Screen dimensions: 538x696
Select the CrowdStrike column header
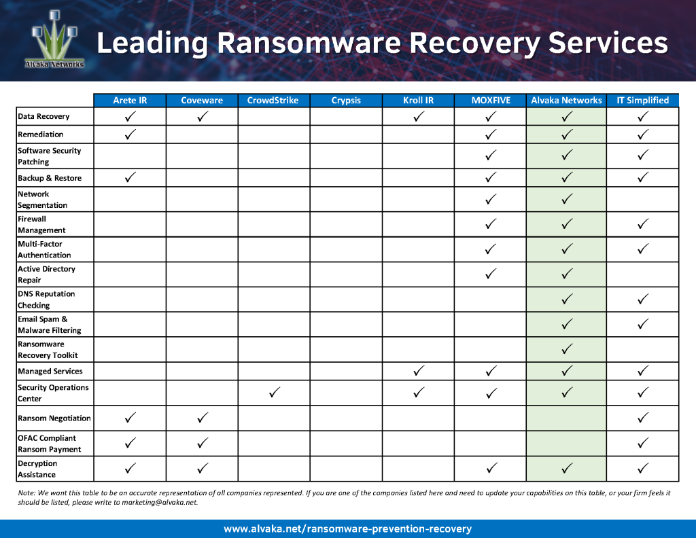point(273,101)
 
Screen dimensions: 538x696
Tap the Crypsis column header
point(346,101)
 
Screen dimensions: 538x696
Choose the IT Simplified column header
point(642,101)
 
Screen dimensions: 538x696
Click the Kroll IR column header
point(418,101)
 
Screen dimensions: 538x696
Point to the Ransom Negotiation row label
point(54,418)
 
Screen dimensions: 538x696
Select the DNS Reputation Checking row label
point(46,300)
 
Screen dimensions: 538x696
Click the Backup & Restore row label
point(50,178)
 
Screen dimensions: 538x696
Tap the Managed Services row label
point(50,372)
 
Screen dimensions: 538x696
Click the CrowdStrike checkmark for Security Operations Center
point(274,393)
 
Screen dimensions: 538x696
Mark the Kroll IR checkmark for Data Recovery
point(419,116)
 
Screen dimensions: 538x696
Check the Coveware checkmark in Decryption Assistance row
point(202,467)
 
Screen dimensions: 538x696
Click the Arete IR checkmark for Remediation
point(130,134)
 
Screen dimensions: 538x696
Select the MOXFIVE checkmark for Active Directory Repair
point(491,274)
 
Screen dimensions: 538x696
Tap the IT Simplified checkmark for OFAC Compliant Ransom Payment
point(642,443)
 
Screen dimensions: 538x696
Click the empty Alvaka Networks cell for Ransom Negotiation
point(566,418)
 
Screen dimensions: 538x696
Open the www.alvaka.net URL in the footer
point(347,528)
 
